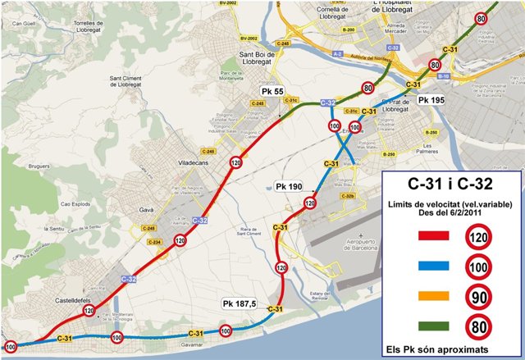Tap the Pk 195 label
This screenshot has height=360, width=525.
click(x=431, y=99)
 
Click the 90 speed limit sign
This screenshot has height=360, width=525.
click(x=480, y=296)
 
